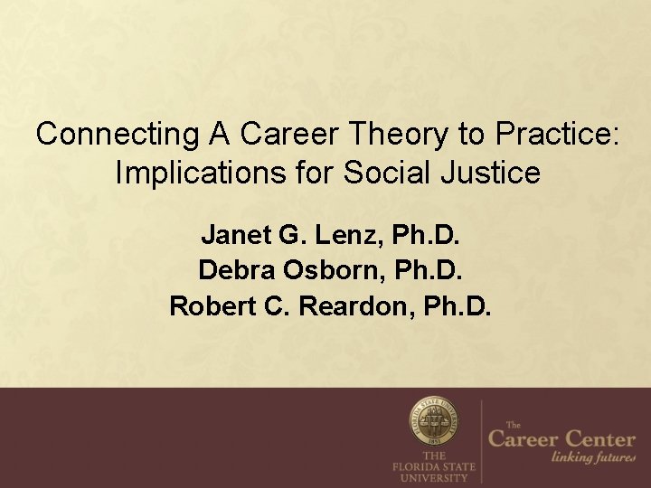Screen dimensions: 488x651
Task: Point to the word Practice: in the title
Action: pyautogui.click(x=557, y=135)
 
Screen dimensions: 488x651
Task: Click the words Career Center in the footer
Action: pyautogui.click(x=561, y=440)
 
